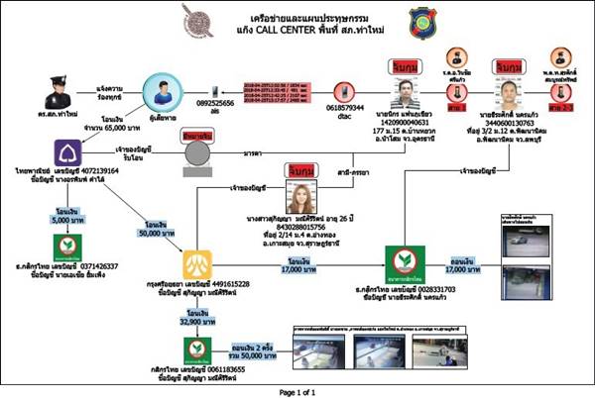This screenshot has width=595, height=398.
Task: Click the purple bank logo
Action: pos(65,153)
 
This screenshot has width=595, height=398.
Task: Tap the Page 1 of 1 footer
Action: pos(297,392)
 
